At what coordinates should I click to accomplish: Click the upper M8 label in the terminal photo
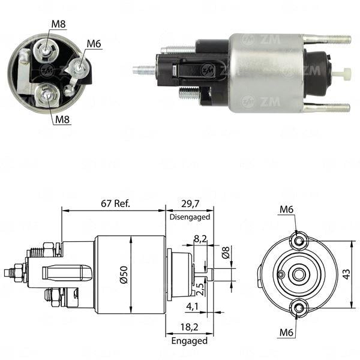(x=58, y=24)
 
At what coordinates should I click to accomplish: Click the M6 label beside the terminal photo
(x=94, y=43)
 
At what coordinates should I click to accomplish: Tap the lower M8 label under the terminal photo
(x=62, y=119)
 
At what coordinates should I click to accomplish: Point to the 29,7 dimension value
(x=188, y=203)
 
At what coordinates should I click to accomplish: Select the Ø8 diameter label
(x=226, y=253)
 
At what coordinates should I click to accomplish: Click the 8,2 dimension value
(x=200, y=239)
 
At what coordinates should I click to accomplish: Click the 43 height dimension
(x=346, y=274)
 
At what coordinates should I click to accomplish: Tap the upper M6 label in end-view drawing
(x=287, y=209)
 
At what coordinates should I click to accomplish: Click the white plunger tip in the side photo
(x=340, y=75)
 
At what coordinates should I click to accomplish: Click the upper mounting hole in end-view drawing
(x=298, y=241)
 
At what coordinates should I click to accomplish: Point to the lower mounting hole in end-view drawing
(x=298, y=307)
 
